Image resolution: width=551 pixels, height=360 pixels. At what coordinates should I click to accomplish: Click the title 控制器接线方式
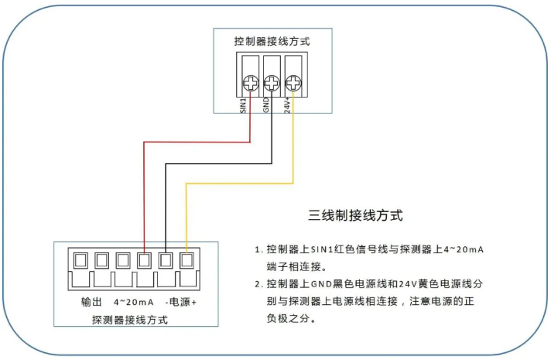point(272,41)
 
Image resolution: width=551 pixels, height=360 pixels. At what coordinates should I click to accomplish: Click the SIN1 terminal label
point(244,105)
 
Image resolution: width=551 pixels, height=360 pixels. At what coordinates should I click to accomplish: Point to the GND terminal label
point(265,105)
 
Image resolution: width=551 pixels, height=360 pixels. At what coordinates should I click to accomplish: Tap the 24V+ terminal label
point(287,105)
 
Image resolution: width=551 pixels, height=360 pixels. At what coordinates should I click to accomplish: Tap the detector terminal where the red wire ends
point(145,259)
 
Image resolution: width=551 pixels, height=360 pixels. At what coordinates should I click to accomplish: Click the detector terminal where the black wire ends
point(166,259)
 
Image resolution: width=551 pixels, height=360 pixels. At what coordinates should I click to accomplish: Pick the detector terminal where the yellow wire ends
point(187,259)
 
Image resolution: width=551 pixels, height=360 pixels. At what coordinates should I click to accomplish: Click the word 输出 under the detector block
point(91,302)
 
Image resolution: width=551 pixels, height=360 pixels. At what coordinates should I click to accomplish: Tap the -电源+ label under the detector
point(182,302)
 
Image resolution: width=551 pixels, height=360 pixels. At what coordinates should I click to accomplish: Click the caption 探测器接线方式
point(129,319)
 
